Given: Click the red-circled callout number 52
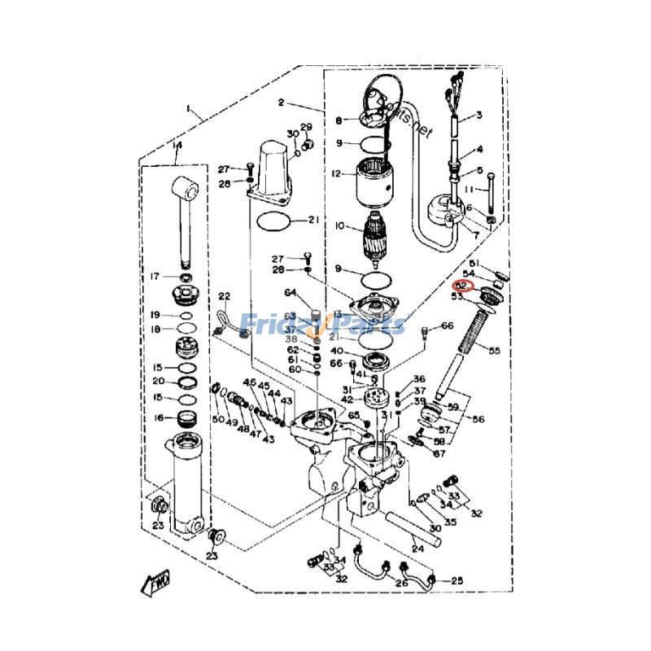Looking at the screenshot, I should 461,286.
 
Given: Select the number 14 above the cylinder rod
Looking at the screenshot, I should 177,146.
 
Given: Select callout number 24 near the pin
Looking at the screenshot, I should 418,548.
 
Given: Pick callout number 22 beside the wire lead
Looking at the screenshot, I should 225,296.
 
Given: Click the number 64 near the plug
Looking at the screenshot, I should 291,293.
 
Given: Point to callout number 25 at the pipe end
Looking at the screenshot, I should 457,580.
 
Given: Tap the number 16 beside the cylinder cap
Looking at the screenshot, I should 159,417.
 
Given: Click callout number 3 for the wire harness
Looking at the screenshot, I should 479,115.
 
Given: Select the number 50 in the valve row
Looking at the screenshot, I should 218,419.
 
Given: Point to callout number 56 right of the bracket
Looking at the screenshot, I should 478,420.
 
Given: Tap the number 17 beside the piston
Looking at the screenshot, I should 155,277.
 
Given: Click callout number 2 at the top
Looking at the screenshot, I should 281,103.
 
